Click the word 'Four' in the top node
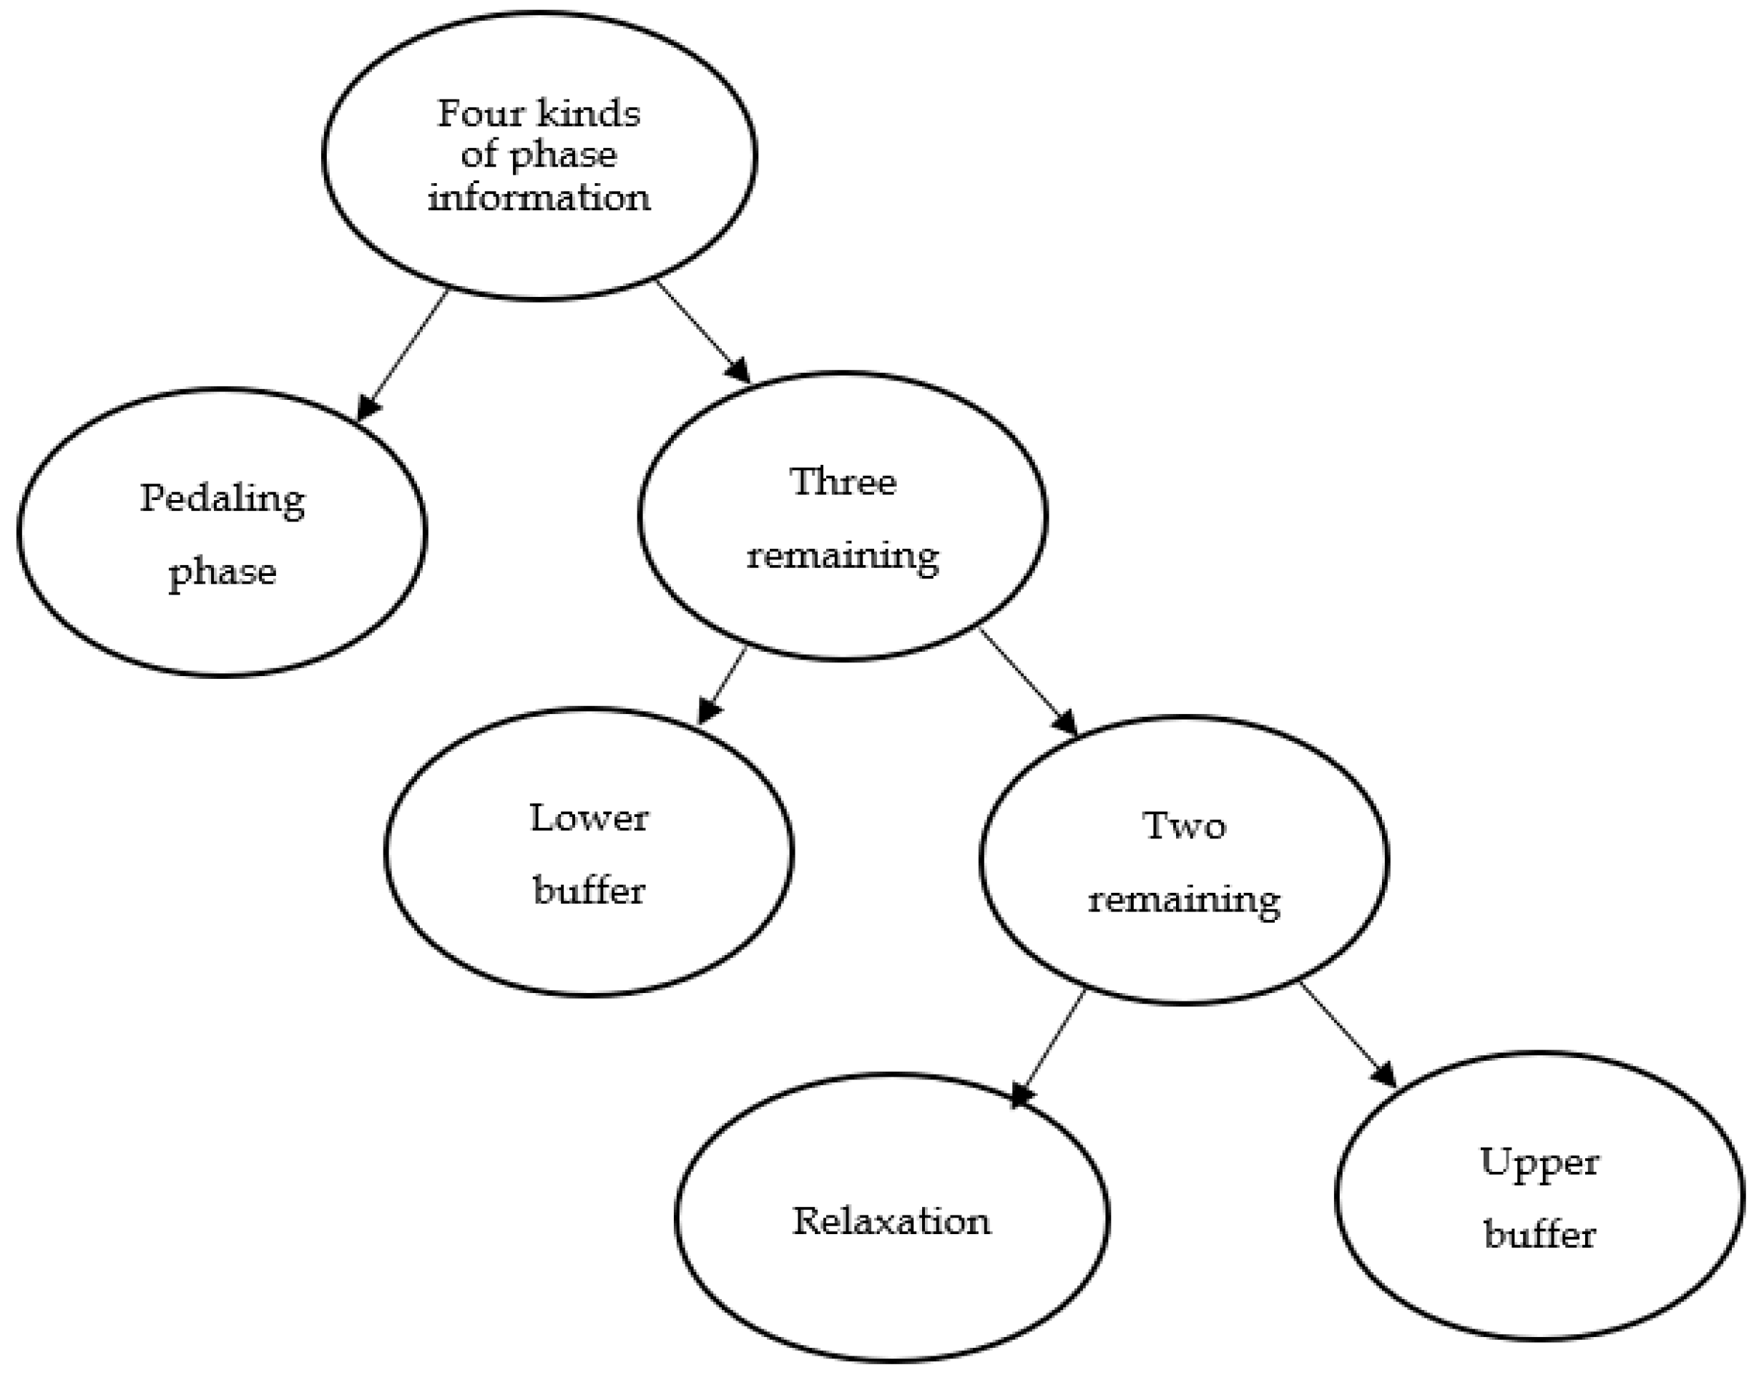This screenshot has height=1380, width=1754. tap(481, 114)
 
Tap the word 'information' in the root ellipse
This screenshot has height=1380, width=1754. tap(539, 198)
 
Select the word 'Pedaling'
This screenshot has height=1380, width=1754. tap(222, 499)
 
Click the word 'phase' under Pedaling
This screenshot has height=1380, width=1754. tap(222, 573)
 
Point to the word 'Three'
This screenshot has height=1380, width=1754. tap(843, 482)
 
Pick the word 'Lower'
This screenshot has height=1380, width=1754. tap(589, 818)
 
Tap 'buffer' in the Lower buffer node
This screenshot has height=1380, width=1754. tap(589, 891)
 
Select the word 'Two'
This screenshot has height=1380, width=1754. tap(1184, 826)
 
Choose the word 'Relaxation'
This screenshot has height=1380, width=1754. tap(891, 1221)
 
